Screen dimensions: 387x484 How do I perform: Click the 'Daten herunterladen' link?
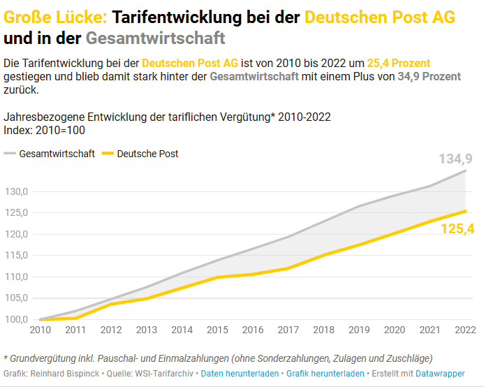(240, 374)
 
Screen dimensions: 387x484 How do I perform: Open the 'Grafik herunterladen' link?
(325, 374)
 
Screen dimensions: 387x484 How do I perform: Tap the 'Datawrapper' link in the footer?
(442, 374)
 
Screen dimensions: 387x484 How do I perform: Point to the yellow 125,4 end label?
(457, 228)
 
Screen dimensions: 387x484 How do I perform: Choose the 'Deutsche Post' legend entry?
(147, 154)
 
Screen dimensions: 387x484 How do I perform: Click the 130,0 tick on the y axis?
(16, 191)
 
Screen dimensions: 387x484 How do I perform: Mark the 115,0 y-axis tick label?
(16, 255)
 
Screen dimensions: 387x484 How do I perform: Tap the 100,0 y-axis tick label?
(16, 319)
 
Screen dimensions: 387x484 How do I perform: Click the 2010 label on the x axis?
(41, 330)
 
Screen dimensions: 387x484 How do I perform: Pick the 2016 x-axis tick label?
(253, 330)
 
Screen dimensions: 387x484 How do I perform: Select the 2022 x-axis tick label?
(465, 330)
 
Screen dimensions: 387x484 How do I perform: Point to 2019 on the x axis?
(359, 330)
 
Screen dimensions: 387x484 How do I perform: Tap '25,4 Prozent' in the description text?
(399, 63)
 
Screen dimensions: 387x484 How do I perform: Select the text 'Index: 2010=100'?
(44, 130)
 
